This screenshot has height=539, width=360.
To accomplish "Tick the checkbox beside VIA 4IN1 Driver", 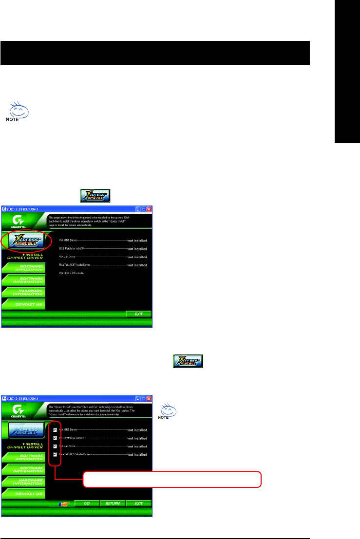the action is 55,430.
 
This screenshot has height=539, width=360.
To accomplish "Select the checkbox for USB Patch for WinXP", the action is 55,438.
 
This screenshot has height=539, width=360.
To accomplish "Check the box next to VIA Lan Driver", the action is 55,446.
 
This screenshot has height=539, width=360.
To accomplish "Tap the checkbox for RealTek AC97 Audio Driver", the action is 55,454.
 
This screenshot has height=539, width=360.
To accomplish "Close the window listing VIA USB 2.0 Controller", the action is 149,209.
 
